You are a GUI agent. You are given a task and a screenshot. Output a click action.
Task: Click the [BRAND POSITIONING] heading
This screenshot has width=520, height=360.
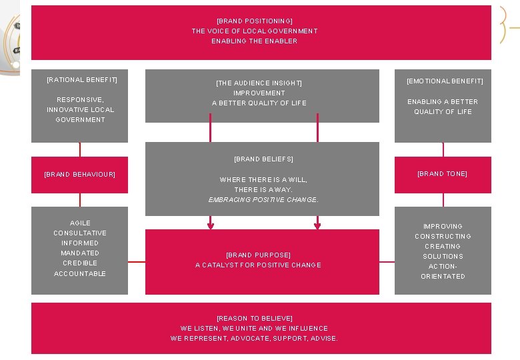(x=255, y=21)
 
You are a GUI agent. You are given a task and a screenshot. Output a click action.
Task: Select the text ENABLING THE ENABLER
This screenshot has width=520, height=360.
(x=255, y=41)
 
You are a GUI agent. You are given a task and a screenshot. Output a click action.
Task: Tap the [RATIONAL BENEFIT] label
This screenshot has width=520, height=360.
(x=82, y=80)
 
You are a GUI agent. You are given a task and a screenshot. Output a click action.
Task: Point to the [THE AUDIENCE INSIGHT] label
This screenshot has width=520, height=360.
(x=259, y=83)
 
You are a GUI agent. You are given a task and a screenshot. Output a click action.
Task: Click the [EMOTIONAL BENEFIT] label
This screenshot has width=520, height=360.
(x=445, y=81)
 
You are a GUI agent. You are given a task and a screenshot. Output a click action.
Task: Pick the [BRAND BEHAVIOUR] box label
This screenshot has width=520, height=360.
(x=79, y=175)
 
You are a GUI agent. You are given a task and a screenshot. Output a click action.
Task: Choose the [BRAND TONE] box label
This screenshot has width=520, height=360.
(x=442, y=174)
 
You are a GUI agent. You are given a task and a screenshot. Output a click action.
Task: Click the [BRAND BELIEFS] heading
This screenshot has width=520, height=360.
(x=263, y=159)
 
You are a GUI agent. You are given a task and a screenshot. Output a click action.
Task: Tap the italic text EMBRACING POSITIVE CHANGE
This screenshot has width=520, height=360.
(x=263, y=200)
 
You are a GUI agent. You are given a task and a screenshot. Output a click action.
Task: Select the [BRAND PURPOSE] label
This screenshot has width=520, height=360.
(x=258, y=255)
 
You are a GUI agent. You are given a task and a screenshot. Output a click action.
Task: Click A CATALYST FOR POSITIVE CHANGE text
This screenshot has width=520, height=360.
(x=258, y=265)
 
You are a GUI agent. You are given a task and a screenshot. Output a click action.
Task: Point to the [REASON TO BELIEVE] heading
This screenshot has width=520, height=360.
(x=255, y=319)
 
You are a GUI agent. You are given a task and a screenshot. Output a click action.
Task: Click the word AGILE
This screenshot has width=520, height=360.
(x=80, y=223)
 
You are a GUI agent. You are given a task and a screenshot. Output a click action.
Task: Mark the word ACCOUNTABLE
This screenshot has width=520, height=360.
(x=80, y=274)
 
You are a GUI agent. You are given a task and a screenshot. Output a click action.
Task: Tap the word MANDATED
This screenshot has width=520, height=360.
(x=80, y=253)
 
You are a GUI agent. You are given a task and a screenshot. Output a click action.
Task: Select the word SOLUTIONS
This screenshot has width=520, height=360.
(x=443, y=257)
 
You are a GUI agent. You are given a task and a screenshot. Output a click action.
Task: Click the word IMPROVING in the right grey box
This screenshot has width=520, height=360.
(x=443, y=227)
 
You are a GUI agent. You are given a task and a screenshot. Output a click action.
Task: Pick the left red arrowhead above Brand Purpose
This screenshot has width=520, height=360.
(x=211, y=225)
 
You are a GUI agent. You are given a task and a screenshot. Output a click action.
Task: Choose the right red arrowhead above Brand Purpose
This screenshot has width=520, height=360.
(x=317, y=225)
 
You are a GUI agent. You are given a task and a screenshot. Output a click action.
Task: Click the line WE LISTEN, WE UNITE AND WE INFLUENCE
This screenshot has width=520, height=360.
(x=255, y=329)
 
